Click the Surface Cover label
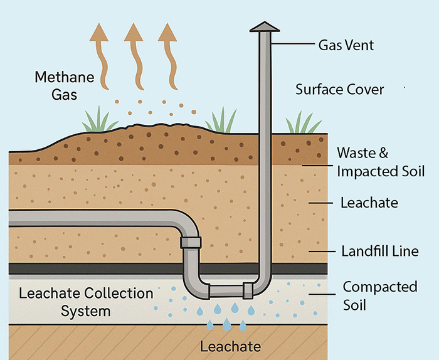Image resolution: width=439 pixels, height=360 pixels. (339, 89)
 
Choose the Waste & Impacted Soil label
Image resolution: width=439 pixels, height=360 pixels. (381, 162)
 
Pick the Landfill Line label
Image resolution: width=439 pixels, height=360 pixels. (379, 251)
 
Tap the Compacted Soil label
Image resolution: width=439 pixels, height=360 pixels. (379, 296)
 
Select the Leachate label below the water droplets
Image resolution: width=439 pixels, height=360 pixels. (230, 346)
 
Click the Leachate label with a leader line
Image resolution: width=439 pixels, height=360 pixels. (369, 203)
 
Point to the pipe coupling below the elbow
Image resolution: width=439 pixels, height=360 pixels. (191, 242)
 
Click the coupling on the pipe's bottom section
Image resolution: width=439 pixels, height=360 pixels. (248, 290)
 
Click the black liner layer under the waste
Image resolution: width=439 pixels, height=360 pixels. (94, 268)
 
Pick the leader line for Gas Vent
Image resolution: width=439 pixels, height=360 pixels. (294, 45)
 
